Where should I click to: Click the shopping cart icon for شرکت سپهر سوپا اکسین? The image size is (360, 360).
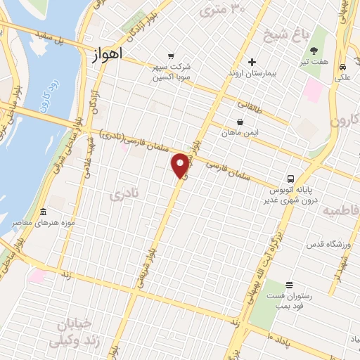pyautogui.click(x=170, y=56)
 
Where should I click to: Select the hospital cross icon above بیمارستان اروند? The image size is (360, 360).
pyautogui.click(x=252, y=62)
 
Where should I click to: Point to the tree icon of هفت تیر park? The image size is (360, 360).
pyautogui.click(x=313, y=50)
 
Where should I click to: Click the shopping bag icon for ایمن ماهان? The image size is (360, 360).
pyautogui.click(x=240, y=122)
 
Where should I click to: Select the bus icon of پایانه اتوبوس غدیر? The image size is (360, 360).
pyautogui.click(x=290, y=179)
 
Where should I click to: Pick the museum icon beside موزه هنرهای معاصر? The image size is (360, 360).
pyautogui.click(x=44, y=212)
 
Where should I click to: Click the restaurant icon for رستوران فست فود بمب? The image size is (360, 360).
pyautogui.click(x=289, y=285)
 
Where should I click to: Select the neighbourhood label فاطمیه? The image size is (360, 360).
pyautogui.click(x=340, y=210)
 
